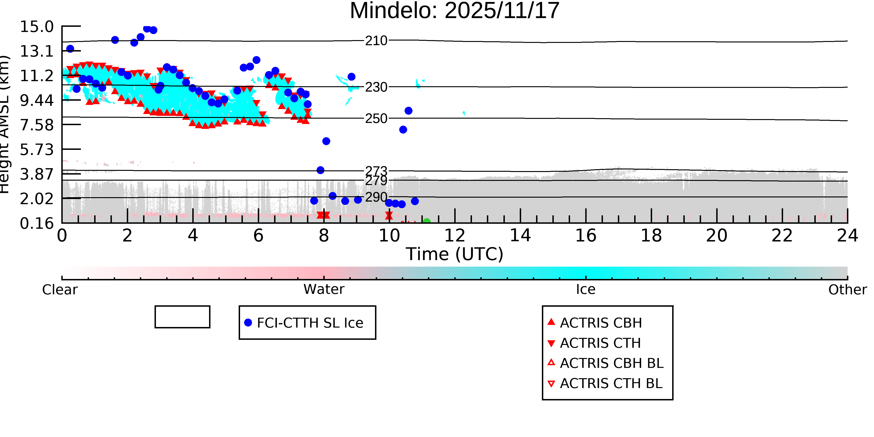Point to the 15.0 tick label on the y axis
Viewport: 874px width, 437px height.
coord(37,27)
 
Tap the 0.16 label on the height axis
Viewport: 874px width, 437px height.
coord(37,224)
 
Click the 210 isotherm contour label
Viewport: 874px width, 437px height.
coord(376,41)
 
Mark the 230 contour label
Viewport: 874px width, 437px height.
coord(376,87)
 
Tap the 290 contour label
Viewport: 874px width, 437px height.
coord(376,197)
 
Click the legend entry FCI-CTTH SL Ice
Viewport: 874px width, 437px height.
coord(310,323)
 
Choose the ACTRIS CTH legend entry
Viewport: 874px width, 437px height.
coord(600,343)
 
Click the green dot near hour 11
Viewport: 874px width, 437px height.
coord(427,222)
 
